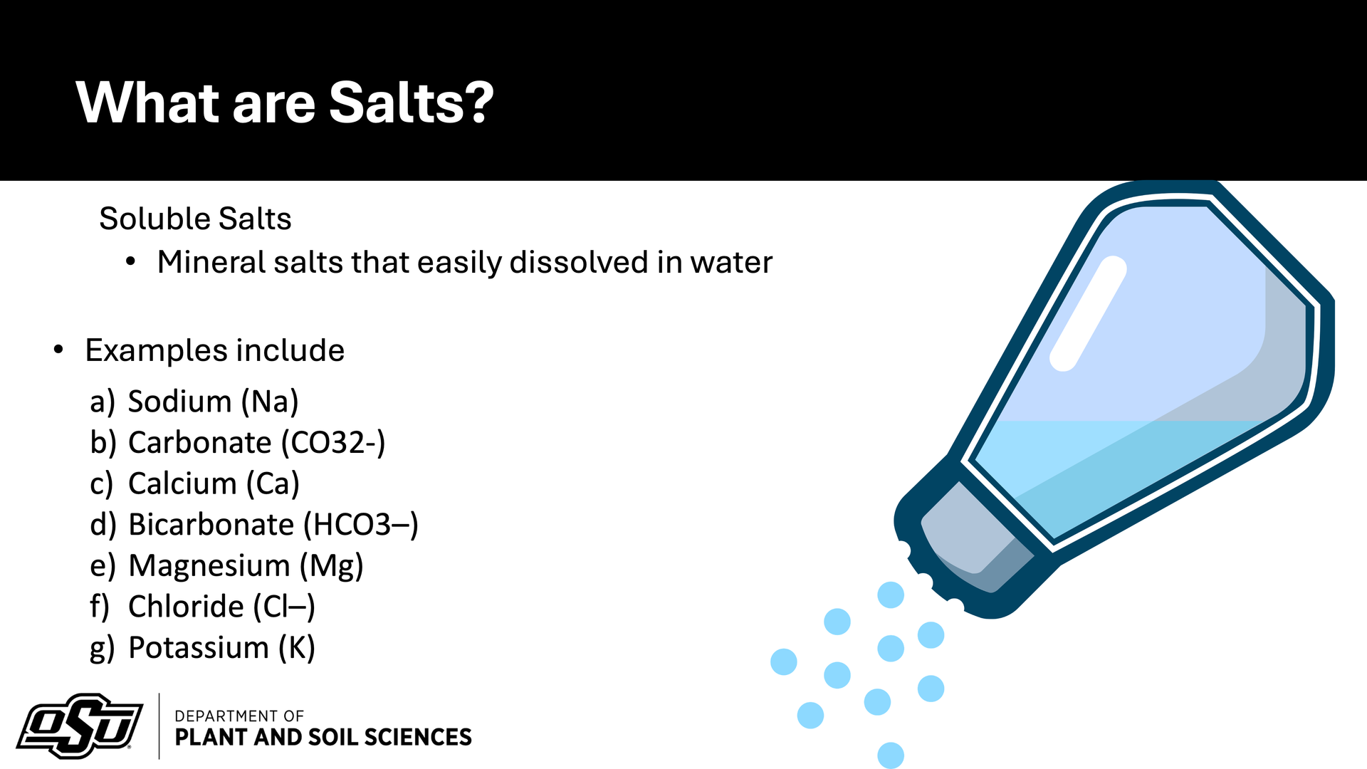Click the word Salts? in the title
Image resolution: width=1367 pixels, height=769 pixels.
click(412, 103)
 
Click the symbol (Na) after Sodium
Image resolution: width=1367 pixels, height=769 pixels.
click(270, 402)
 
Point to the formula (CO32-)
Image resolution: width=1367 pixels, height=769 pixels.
click(333, 443)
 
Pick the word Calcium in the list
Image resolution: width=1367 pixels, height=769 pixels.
click(182, 483)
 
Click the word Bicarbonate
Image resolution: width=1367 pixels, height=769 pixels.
click(211, 525)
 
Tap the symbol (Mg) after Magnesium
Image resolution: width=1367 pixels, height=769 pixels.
click(331, 566)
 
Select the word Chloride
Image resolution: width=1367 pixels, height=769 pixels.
click(186, 607)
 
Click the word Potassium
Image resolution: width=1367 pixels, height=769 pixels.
click(199, 648)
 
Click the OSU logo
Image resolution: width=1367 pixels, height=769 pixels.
click(80, 726)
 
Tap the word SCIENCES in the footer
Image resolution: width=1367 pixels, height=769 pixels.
click(418, 737)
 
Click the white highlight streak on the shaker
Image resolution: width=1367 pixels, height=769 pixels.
click(1088, 313)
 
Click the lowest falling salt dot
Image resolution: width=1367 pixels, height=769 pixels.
click(891, 755)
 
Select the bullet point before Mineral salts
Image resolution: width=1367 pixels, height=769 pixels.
click(130, 262)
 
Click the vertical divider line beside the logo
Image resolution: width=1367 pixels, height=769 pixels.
click(159, 726)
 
